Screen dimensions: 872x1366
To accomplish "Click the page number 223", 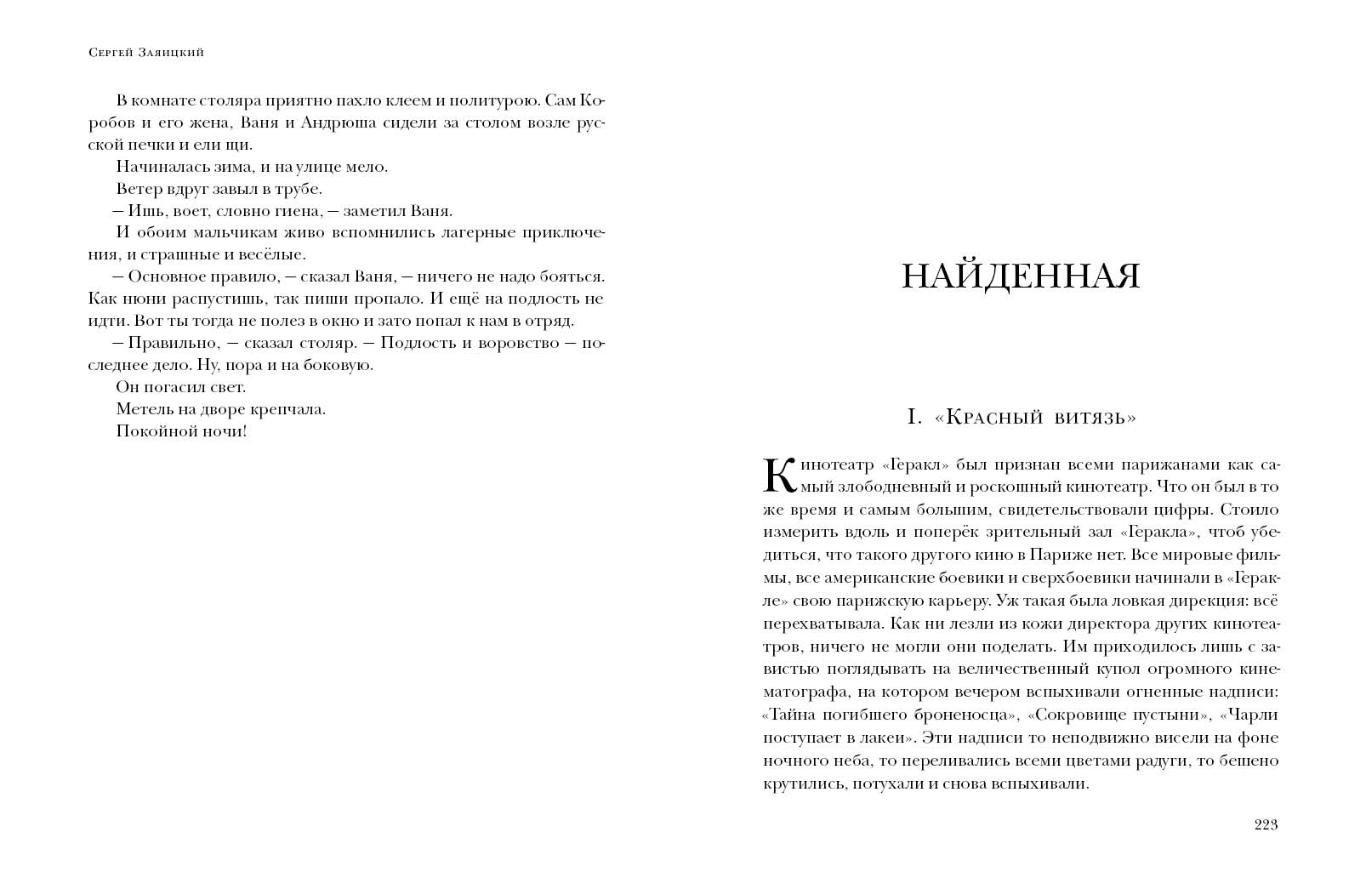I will click(1266, 824).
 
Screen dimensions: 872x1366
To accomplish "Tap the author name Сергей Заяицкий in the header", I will click(146, 53).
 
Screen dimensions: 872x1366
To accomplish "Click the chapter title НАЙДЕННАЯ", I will click(1021, 277).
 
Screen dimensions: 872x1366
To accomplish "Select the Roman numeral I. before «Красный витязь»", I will click(914, 418).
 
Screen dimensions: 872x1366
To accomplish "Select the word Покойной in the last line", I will click(146, 431).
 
